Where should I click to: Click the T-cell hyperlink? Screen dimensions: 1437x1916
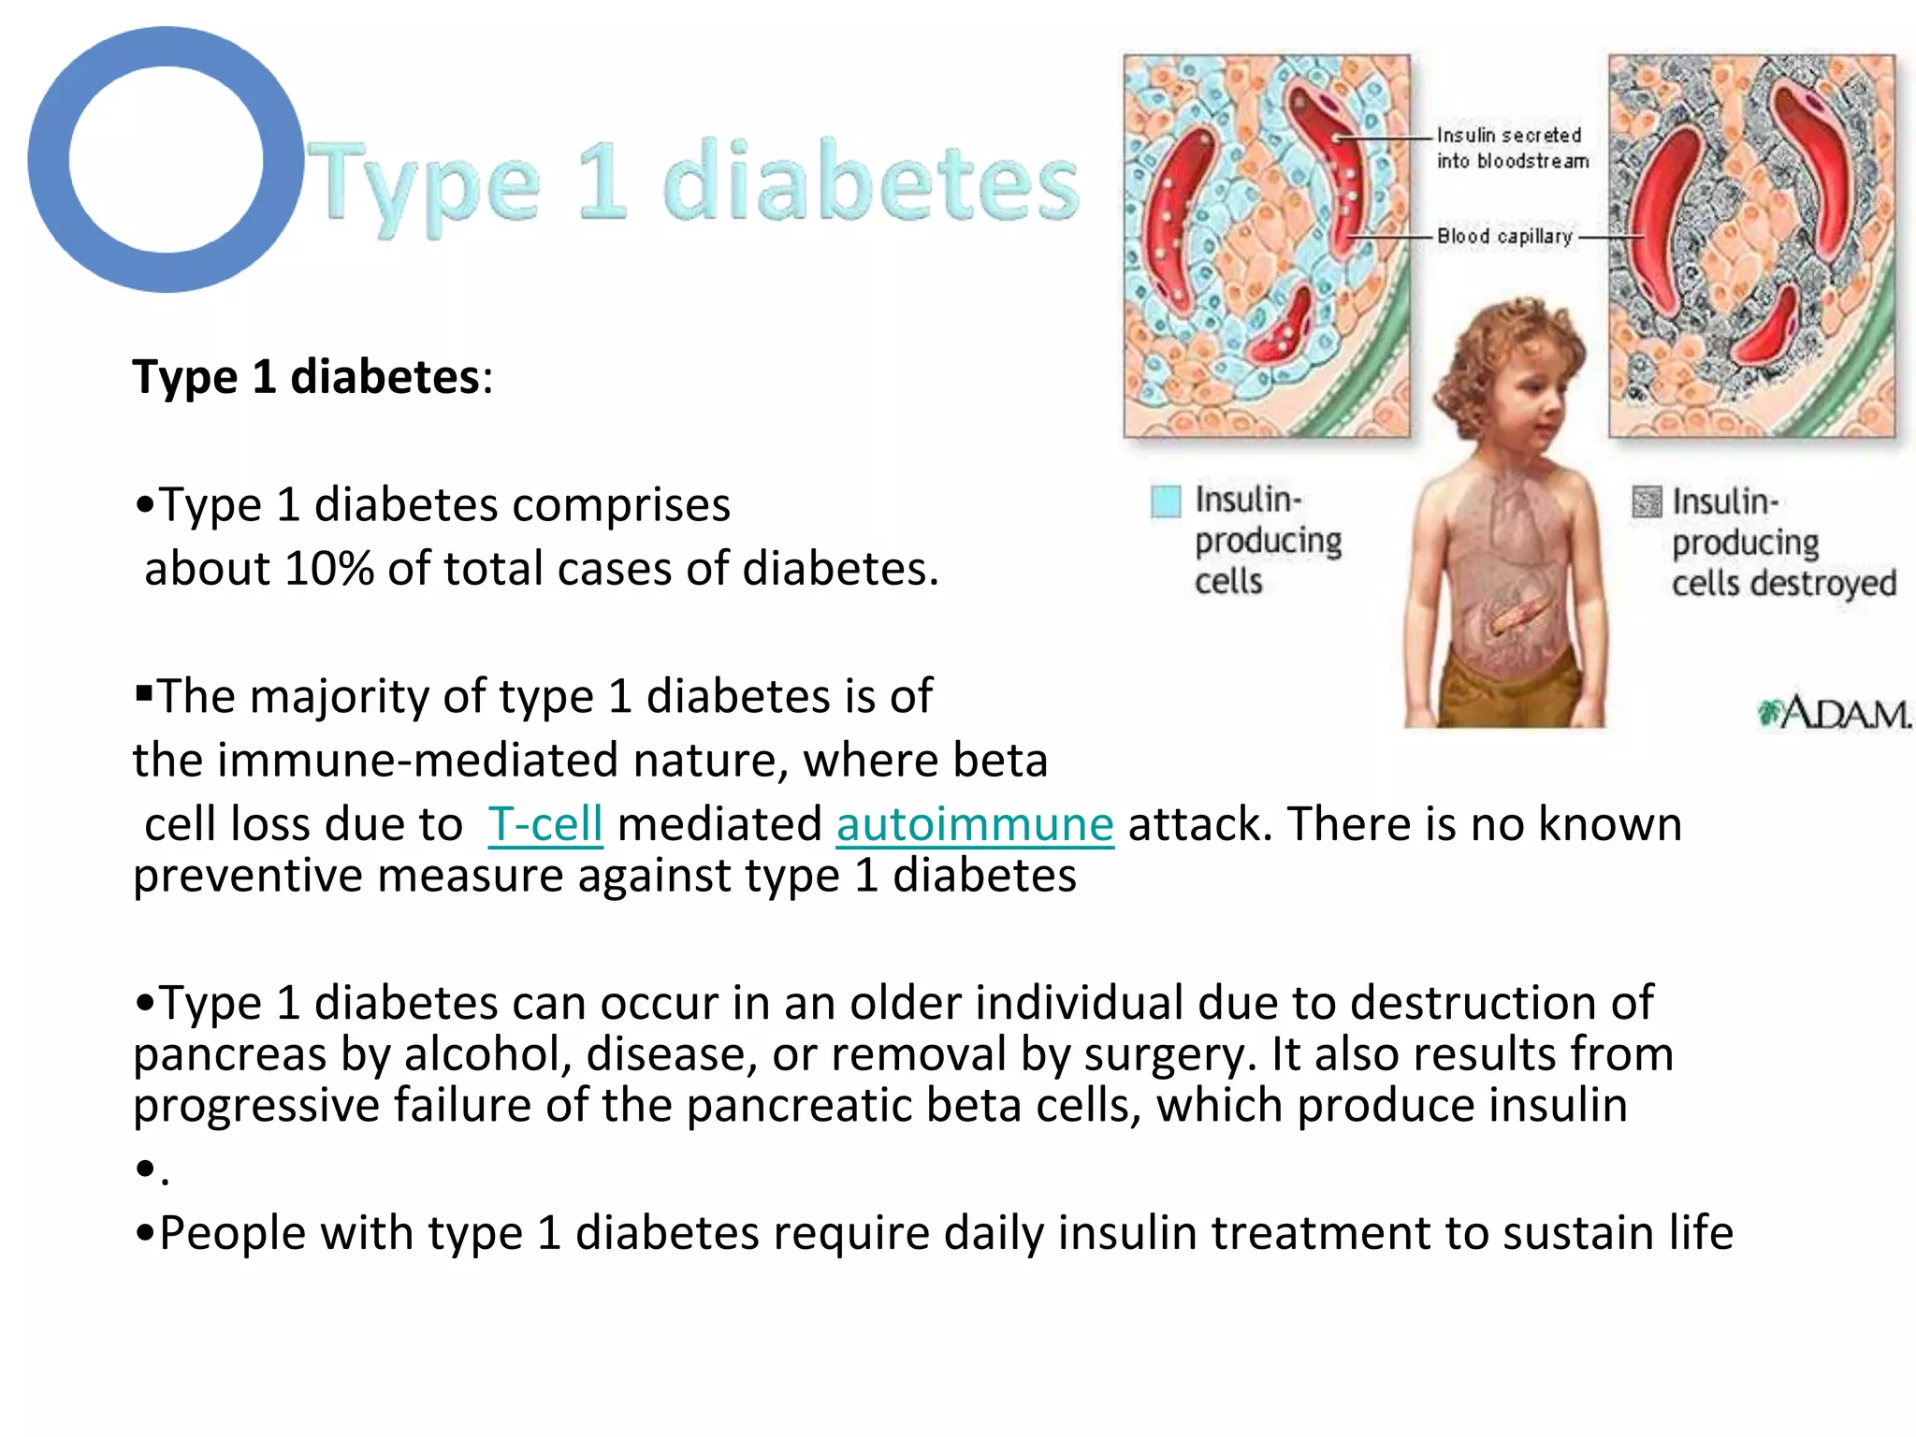point(545,825)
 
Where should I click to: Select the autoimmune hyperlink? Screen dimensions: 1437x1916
point(975,825)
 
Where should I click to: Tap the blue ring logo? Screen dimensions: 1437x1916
point(166,160)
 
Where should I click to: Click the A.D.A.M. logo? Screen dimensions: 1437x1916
point(1835,714)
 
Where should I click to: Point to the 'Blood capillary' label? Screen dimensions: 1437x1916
point(1504,237)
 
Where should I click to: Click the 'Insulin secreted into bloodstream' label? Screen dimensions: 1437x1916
point(1512,149)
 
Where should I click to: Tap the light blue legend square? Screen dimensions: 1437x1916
point(1166,501)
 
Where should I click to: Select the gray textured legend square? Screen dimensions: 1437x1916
point(1647,502)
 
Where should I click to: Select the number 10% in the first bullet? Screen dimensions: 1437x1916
point(329,569)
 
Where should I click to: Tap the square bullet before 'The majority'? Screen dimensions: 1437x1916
point(143,693)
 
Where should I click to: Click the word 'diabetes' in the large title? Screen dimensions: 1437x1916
point(871,182)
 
